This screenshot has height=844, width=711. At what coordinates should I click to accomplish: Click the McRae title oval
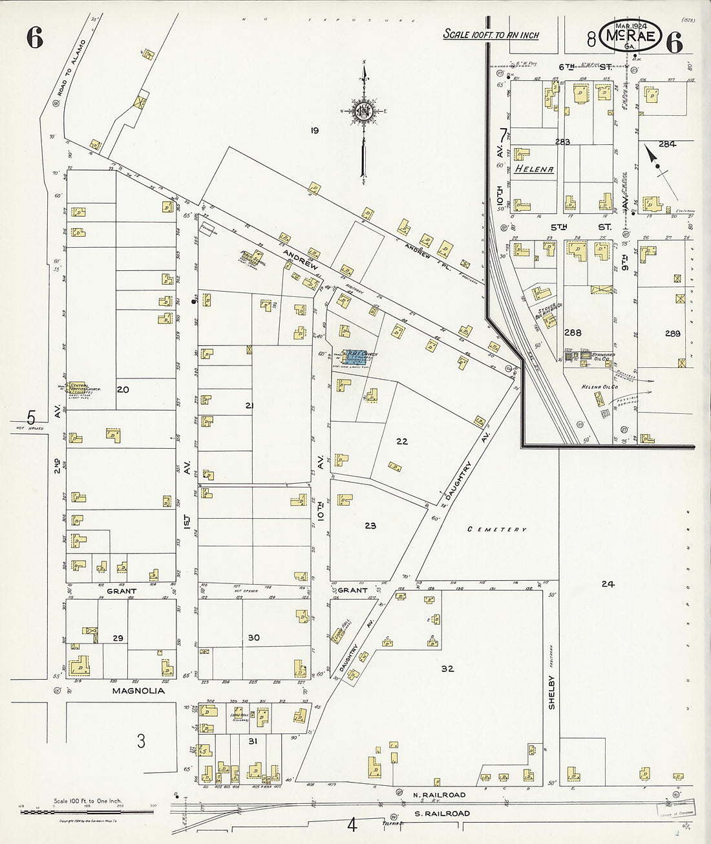tap(630, 38)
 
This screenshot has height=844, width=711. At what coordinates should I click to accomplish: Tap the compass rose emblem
tap(364, 111)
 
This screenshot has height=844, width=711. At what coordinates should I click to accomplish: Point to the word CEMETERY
tap(497, 530)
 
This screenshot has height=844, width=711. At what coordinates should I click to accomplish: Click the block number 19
tap(314, 131)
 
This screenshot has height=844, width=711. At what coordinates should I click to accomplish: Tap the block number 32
tap(447, 669)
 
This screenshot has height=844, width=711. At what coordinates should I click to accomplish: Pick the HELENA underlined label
tap(534, 169)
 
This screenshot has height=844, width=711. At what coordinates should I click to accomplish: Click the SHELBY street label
tap(552, 693)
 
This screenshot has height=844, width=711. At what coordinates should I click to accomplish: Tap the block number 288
tap(573, 333)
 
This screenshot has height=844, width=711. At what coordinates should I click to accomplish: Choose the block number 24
tap(607, 584)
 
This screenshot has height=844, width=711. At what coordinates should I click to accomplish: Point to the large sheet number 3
tap(141, 741)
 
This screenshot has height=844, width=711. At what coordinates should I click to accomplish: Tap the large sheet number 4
tap(352, 826)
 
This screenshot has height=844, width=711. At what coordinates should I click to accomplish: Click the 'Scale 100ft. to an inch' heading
tap(491, 35)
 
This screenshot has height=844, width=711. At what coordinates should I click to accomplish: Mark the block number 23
tap(370, 526)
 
